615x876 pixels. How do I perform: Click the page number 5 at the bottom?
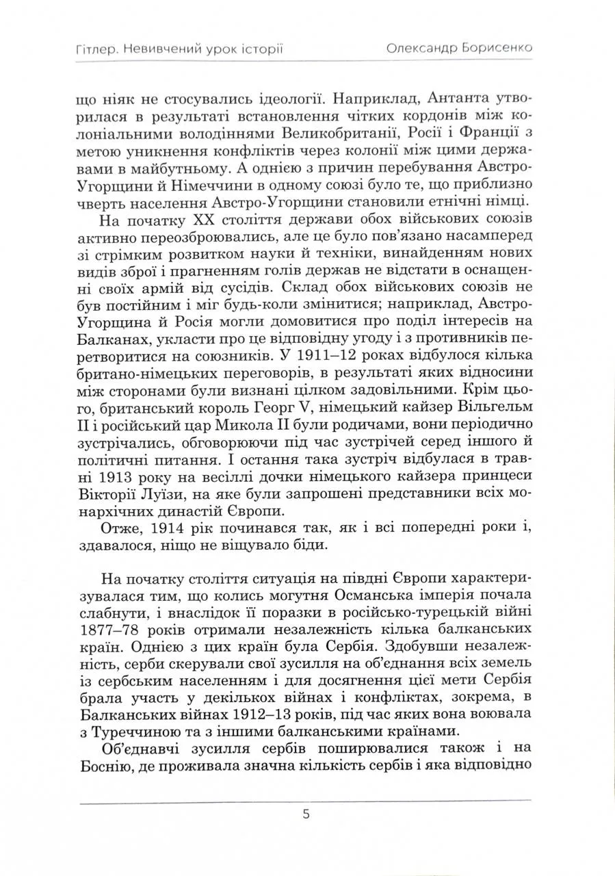tap(306, 814)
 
